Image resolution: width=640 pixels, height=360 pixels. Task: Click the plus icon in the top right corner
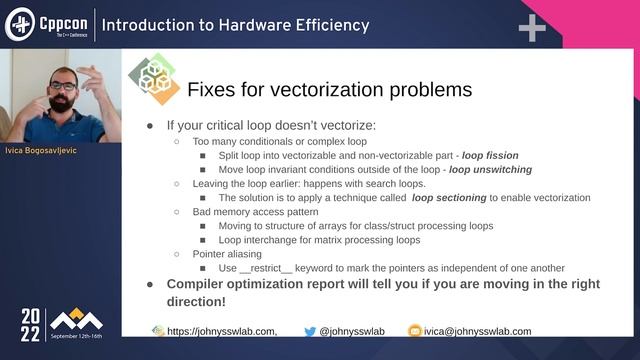531,27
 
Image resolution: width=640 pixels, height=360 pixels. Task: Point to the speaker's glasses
62,87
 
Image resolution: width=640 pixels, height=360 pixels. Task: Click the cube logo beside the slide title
152,80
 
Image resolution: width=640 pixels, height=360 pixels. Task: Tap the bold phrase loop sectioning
457,198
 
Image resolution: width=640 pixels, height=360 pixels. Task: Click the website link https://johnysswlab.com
220,331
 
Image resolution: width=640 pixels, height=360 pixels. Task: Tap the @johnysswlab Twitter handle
346,331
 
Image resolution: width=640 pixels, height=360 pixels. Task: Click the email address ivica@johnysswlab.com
477,331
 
